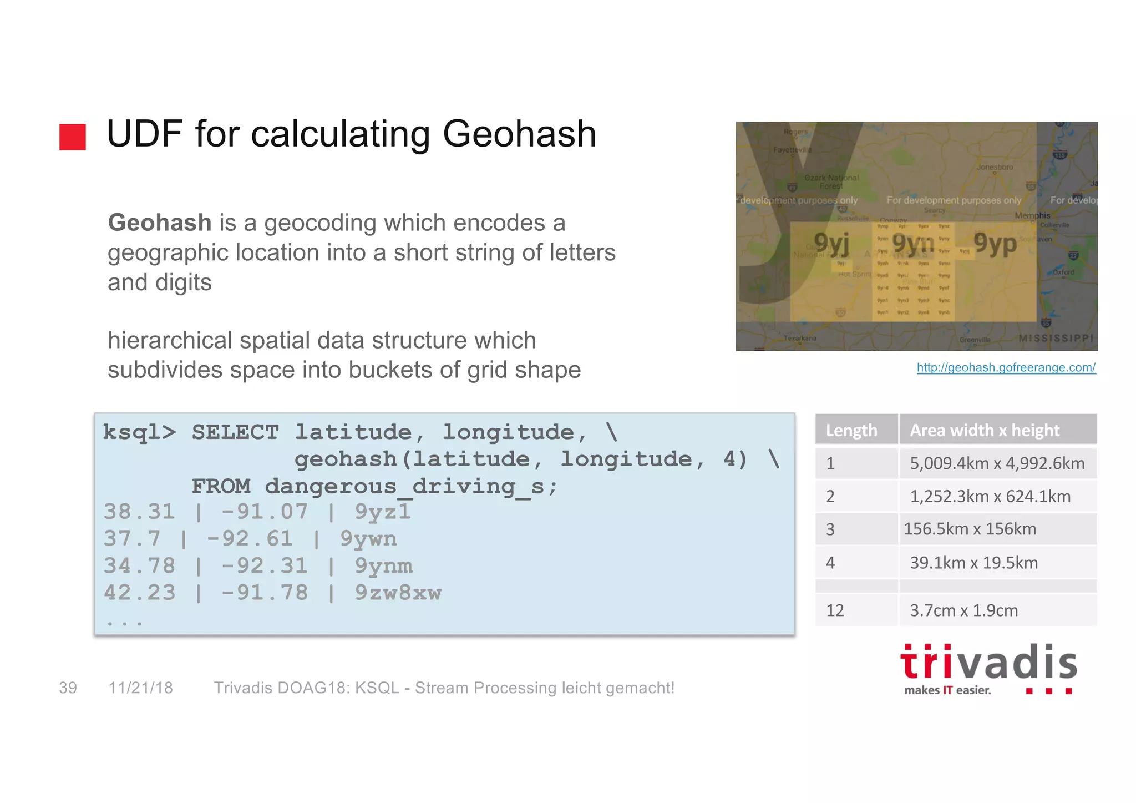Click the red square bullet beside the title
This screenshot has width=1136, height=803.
pos(73,137)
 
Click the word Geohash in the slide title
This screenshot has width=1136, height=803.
pos(519,134)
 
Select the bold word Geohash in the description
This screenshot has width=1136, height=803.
pos(160,223)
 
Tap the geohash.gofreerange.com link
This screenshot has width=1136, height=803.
pos(1006,367)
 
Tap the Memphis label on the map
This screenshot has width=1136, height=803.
pos(1032,215)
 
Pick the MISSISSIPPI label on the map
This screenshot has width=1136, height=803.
pos(1056,338)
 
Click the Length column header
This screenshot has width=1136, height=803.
pos(851,431)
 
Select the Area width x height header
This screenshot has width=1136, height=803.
pos(985,431)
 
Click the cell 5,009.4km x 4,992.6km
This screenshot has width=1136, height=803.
pos(997,463)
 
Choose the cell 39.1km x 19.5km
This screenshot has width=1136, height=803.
pos(973,563)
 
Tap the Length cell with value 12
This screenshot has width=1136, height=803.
pos(835,610)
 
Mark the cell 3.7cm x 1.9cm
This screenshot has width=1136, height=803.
pos(963,610)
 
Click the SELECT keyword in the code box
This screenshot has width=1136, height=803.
pos(235,432)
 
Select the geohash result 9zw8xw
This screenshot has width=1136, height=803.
pos(398,593)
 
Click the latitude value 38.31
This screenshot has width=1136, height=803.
pos(139,512)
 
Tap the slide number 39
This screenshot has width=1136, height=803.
pos(68,688)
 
